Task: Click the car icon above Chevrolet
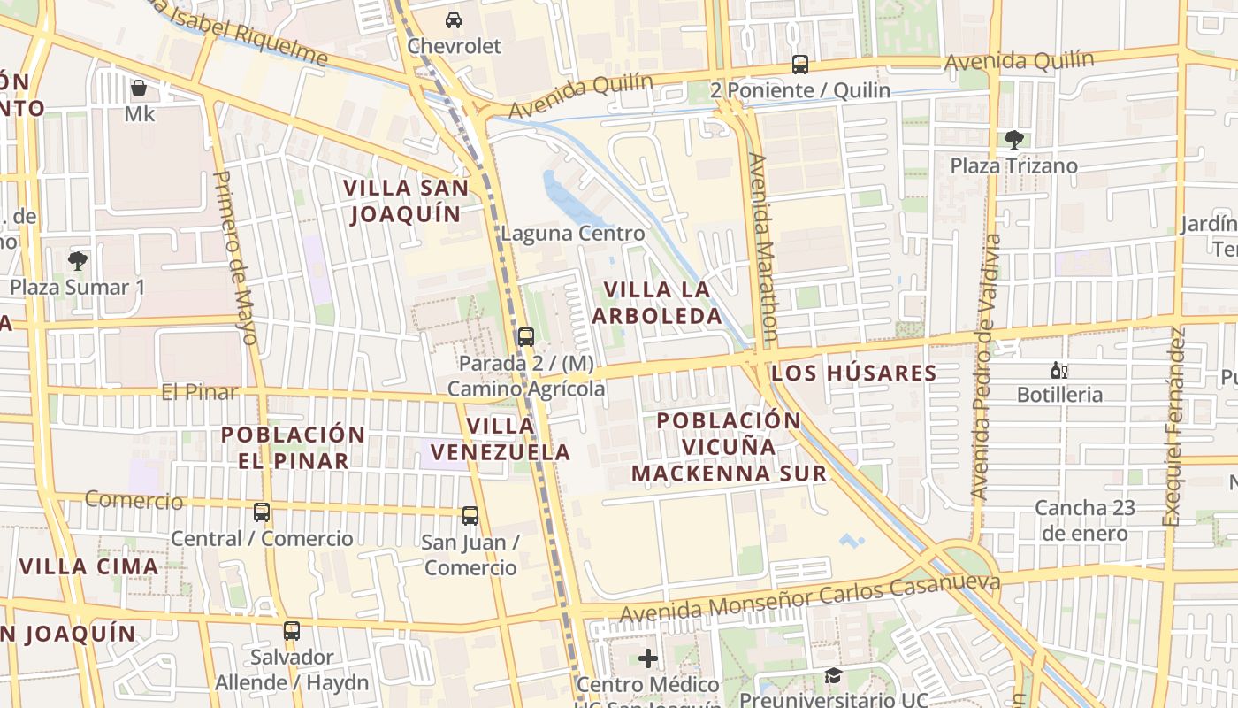[453, 19]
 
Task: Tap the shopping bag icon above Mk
[139, 88]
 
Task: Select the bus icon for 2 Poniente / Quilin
[799, 65]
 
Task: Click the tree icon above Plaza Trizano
[1013, 139]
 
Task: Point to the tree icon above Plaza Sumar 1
[77, 260]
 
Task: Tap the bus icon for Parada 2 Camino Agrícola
[525, 337]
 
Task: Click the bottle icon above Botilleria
[1058, 370]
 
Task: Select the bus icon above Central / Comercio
[261, 512]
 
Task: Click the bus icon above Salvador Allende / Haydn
[291, 631]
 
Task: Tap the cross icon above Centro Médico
[648, 658]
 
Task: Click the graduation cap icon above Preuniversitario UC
[832, 676]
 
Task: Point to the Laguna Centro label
[572, 234]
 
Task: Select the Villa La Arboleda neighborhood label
[657, 303]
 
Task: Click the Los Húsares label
[853, 373]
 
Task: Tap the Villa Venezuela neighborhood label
[501, 438]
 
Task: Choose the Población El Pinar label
[293, 447]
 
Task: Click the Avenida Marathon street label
[762, 247]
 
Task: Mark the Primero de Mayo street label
[235, 257]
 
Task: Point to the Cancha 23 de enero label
[1084, 520]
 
